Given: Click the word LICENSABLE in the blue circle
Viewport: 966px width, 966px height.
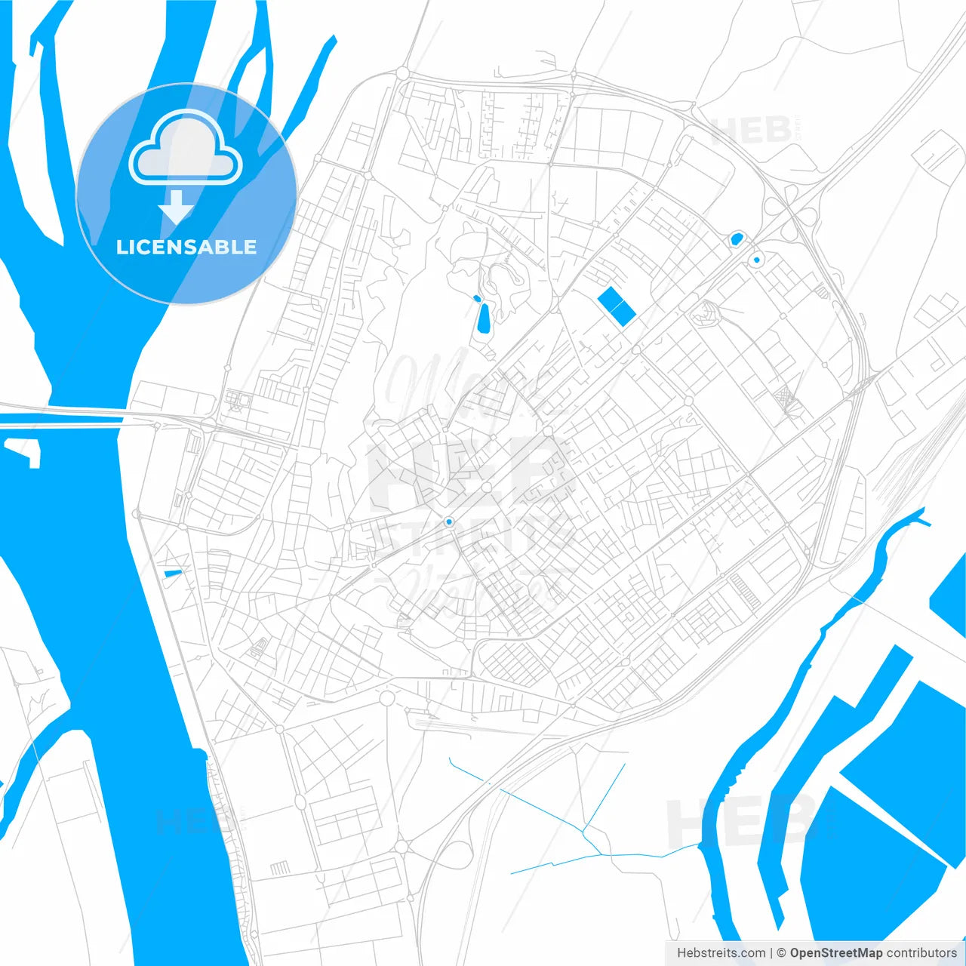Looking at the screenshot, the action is pyautogui.click(x=186, y=247).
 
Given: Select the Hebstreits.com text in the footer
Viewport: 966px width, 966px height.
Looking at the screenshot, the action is pyautogui.click(x=721, y=953).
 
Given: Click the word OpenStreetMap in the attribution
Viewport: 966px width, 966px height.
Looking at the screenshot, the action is pyautogui.click(x=835, y=953).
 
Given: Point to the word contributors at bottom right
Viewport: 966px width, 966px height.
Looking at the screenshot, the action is pyautogui.click(x=921, y=953).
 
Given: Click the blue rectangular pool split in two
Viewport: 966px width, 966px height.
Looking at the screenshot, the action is pyautogui.click(x=617, y=306).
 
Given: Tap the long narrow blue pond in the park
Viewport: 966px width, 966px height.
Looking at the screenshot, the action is pyautogui.click(x=483, y=318).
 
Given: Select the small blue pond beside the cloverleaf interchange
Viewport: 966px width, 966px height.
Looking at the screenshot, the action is pyautogui.click(x=736, y=239).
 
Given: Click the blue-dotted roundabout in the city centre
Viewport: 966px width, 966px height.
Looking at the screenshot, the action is pyautogui.click(x=449, y=521).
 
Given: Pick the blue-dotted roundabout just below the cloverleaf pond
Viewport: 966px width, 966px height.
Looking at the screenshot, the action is pyautogui.click(x=756, y=260).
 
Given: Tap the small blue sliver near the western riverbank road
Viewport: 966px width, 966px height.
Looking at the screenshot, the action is pyautogui.click(x=173, y=574).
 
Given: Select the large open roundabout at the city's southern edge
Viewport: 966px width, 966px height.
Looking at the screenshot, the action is pyautogui.click(x=386, y=698).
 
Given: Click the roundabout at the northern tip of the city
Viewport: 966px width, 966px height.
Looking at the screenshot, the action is pyautogui.click(x=402, y=73).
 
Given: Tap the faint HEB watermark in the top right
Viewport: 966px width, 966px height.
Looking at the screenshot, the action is pyautogui.click(x=751, y=130).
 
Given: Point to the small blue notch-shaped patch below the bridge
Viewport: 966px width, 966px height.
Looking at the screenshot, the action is pyautogui.click(x=24, y=451).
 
